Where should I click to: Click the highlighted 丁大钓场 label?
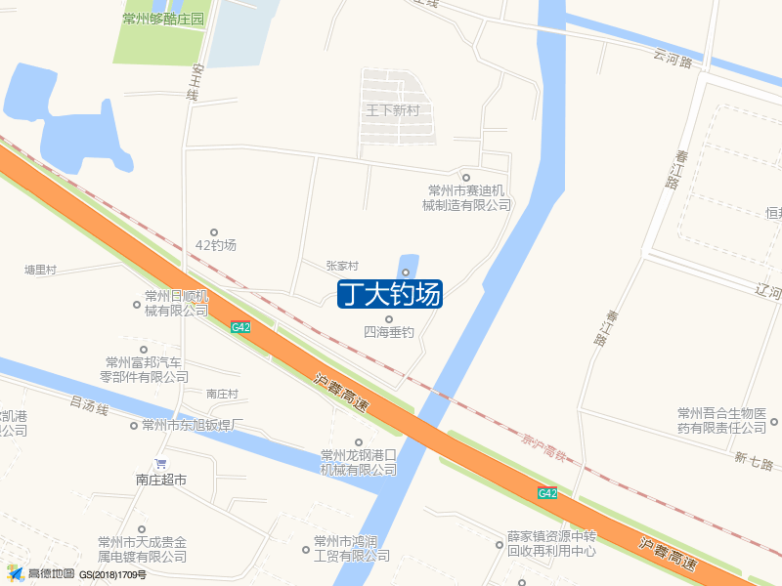pyautogui.click(x=390, y=294)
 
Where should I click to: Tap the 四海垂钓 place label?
pyautogui.click(x=389, y=332)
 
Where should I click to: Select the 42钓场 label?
pyautogui.click(x=216, y=245)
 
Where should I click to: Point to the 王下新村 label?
pyautogui.click(x=392, y=110)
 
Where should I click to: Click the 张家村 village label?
pyautogui.click(x=342, y=266)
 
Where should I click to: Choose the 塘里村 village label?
pyautogui.click(x=41, y=270)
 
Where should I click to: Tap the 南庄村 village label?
pyautogui.click(x=222, y=394)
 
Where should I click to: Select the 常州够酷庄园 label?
pyautogui.click(x=163, y=20)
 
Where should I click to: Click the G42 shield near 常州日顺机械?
pyautogui.click(x=240, y=327)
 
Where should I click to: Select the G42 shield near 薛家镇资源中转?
pyautogui.click(x=547, y=493)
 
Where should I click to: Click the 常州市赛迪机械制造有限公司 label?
pyautogui.click(x=466, y=197)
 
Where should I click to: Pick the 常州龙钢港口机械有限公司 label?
pyautogui.click(x=359, y=462)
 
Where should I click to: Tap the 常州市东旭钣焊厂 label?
pyautogui.click(x=192, y=425)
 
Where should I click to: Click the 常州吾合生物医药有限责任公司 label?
pyautogui.click(x=722, y=420)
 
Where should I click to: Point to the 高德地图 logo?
pyautogui.click(x=41, y=573)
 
